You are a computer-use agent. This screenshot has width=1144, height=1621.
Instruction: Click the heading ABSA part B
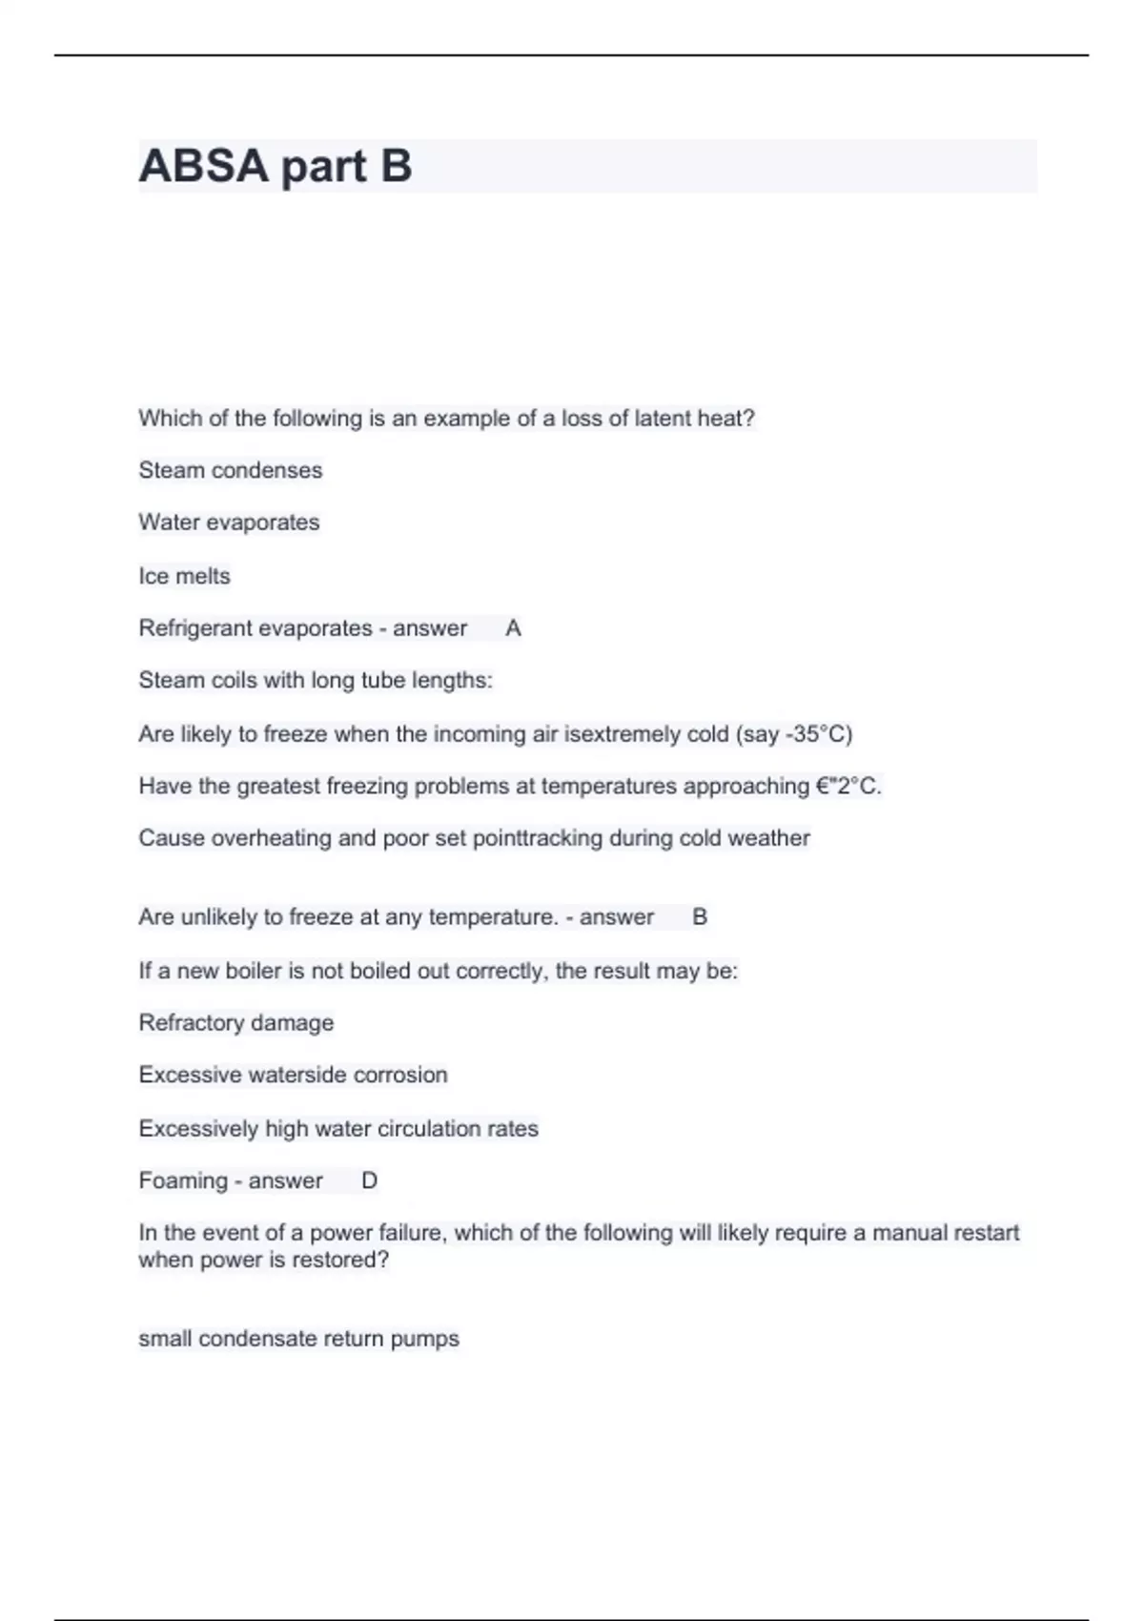pos(276,166)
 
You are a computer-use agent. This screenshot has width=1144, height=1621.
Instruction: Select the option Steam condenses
pos(231,470)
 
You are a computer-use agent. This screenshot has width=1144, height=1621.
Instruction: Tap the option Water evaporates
pos(229,523)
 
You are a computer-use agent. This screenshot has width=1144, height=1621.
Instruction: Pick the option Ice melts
pos(184,576)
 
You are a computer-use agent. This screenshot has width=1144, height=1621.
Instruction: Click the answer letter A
pos(513,628)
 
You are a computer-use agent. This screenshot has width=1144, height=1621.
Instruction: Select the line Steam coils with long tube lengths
pos(316,681)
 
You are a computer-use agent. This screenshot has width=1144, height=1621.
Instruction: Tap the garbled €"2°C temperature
pos(847,787)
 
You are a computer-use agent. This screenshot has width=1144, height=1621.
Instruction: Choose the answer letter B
pos(700,917)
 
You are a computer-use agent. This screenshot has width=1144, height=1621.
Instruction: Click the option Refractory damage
pos(236,1023)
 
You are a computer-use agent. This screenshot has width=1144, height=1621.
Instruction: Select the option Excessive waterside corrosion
pos(293,1075)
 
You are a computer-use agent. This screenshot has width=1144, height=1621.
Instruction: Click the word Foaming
pos(183,1180)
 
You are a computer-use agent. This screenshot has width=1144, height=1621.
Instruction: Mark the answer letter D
pos(370,1180)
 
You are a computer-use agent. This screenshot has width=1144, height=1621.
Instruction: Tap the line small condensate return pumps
pos(298,1339)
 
